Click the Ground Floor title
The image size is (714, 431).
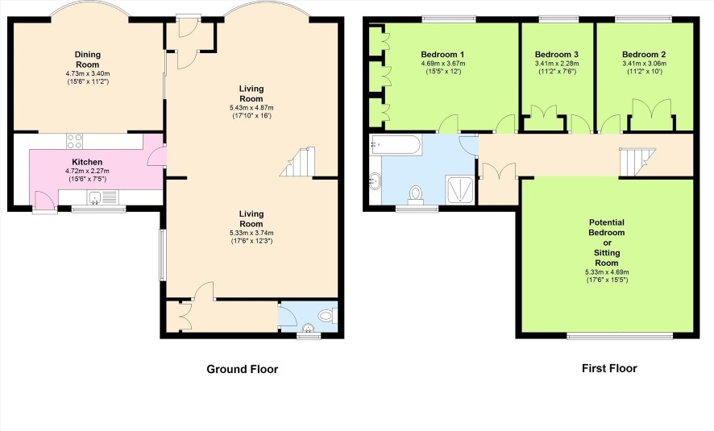(243, 369)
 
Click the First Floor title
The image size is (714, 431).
(609, 368)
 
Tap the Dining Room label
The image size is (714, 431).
(87, 60)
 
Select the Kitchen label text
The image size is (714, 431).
(87, 162)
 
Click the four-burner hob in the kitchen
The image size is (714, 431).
(75, 141)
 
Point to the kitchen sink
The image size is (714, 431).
(95, 197)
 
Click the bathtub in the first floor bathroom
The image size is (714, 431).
(396, 144)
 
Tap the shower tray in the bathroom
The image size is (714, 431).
(460, 190)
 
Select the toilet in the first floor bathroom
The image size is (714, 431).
(415, 194)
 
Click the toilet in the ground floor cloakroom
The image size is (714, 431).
(327, 316)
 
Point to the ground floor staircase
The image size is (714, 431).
(298, 162)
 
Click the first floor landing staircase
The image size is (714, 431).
(637, 163)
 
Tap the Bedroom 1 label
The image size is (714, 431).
(442, 55)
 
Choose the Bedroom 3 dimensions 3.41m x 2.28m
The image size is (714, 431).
(557, 64)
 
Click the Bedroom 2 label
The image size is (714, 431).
(644, 55)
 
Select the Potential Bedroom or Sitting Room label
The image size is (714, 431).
(607, 242)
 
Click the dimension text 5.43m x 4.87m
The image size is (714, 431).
(251, 108)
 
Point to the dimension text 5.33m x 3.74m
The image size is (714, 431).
(251, 233)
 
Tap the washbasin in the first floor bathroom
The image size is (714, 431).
(376, 180)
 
